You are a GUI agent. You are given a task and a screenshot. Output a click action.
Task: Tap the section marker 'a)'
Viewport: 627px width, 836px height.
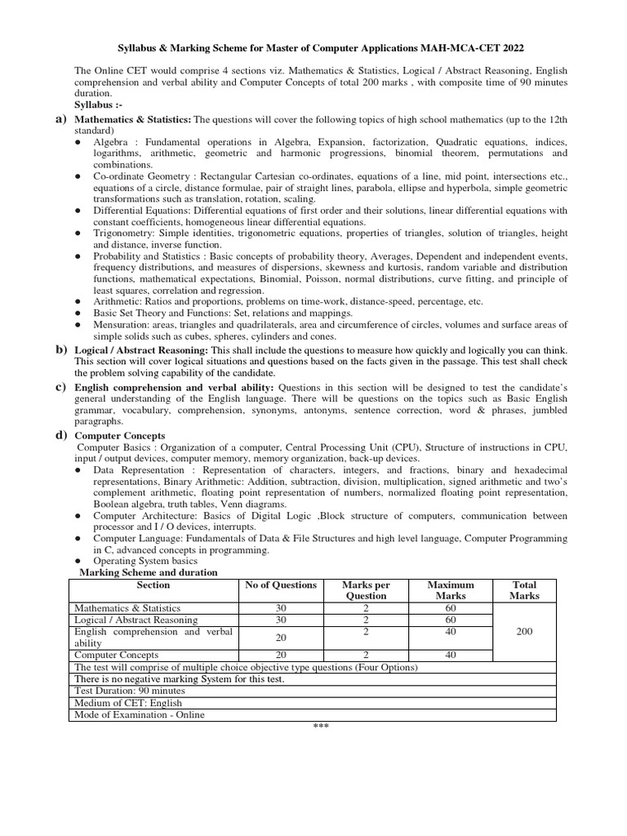[x=60, y=120]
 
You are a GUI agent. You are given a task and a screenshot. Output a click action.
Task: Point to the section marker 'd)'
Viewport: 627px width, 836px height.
[x=60, y=435]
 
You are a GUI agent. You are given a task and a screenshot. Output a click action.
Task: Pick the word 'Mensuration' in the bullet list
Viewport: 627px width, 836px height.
[x=122, y=324]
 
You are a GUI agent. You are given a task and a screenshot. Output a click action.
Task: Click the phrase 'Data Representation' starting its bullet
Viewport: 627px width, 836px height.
[x=135, y=470]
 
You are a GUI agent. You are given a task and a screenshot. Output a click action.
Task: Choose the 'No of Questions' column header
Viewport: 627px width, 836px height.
[x=280, y=585]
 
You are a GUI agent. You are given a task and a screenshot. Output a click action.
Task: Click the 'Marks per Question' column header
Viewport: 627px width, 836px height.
[x=367, y=590]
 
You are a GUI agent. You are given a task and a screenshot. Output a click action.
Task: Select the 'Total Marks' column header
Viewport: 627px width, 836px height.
[x=525, y=590]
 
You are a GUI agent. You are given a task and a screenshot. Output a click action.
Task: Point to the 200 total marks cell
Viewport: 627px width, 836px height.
[x=525, y=632]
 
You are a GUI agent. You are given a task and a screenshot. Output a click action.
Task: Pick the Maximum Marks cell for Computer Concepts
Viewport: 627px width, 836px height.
[x=451, y=655]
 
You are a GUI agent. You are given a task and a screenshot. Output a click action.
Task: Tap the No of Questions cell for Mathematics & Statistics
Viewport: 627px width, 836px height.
[x=280, y=608]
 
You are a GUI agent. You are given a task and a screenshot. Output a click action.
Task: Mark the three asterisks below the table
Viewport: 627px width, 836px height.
[x=320, y=727]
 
